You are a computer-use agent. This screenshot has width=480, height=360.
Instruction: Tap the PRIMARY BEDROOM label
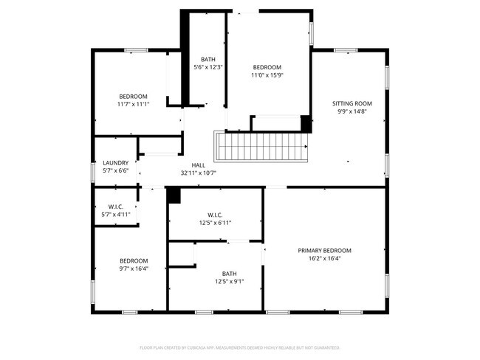pos(324,251)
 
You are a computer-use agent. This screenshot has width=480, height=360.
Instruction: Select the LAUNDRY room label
pos(115,163)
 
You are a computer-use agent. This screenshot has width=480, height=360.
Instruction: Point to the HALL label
pos(198,165)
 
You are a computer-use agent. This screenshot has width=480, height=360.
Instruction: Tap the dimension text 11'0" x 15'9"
pos(267,75)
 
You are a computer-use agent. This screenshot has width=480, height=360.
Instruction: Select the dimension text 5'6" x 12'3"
pos(208,67)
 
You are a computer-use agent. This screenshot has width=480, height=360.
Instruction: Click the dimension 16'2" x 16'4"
pos(324,259)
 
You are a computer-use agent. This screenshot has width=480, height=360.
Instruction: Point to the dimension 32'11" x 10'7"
pos(198,173)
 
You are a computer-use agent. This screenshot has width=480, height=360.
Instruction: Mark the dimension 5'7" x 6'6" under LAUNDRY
pos(115,171)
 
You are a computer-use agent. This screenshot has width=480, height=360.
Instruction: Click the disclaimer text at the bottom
pos(239,347)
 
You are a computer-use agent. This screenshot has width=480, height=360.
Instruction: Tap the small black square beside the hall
pos(174,195)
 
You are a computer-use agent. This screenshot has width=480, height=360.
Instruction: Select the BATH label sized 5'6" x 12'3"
pos(208,59)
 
